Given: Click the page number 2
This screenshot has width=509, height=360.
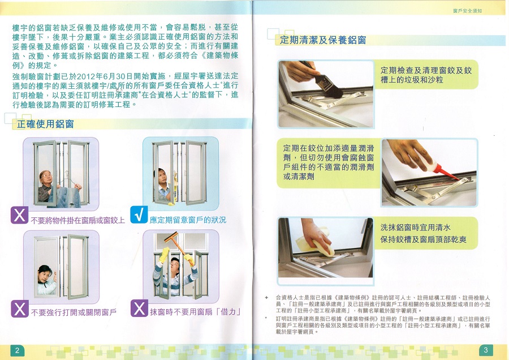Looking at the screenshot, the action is point(17,350).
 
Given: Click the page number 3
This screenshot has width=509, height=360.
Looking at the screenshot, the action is point(486,350).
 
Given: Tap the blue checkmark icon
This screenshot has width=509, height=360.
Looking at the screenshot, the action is point(139,215).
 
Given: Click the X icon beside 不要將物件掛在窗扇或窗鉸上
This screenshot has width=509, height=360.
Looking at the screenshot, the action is point(19,215).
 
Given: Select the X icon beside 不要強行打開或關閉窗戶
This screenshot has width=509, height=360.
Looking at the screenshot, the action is point(20,308).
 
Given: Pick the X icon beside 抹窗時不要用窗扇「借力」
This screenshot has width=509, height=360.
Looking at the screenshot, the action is point(139,308).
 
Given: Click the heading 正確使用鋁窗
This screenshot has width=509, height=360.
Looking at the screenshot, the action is point(45,124).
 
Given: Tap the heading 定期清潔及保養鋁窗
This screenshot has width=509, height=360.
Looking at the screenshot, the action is point(323,40).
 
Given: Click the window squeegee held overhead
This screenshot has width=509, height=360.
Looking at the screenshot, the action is point(177,245).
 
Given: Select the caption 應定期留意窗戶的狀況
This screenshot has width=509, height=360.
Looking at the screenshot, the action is point(188,220).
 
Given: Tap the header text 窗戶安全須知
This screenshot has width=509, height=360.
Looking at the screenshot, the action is point(468,11).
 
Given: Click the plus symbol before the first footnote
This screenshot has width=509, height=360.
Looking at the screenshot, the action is point(267,297).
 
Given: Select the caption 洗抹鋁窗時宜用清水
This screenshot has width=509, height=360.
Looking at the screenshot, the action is point(415,228).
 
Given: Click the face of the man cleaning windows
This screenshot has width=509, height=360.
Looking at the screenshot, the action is point(175,266).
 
